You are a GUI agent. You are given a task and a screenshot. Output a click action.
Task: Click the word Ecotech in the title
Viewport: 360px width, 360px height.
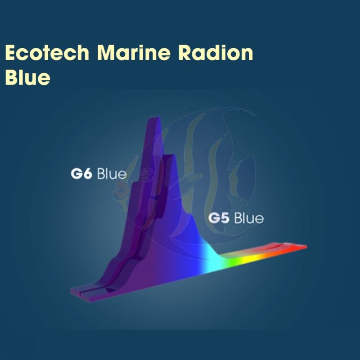pyautogui.click(x=47, y=53)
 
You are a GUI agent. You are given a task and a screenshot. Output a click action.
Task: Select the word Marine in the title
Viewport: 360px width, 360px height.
pyautogui.click(x=134, y=53)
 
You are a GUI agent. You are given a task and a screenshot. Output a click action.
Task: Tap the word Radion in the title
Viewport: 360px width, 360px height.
pyautogui.click(x=216, y=53)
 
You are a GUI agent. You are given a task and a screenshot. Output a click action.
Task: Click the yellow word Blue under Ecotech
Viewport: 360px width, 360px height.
pyautogui.click(x=27, y=77)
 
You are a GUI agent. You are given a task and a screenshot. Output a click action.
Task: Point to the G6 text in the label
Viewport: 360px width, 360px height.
pyautogui.click(x=81, y=174)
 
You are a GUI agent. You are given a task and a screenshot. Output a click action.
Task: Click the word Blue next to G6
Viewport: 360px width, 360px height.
pyautogui.click(x=112, y=174)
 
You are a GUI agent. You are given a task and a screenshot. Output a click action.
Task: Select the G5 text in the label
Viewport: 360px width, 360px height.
pyautogui.click(x=219, y=218)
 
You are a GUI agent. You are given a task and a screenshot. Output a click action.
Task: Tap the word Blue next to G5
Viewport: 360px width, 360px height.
pyautogui.click(x=249, y=218)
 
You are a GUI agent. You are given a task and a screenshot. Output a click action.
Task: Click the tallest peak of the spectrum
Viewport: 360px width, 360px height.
pyautogui.click(x=154, y=119)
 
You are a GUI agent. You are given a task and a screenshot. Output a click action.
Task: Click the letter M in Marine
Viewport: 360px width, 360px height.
pyautogui.click(x=107, y=53)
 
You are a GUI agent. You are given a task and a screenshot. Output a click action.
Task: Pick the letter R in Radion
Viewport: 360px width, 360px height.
pyautogui.click(x=185, y=53)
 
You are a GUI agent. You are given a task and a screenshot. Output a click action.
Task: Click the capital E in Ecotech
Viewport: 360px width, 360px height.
pyautogui.click(x=10, y=53)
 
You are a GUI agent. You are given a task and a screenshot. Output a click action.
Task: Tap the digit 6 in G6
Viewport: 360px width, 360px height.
pyautogui.click(x=88, y=174)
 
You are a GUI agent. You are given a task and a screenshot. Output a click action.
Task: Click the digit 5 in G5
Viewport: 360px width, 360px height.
pyautogui.click(x=225, y=218)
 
